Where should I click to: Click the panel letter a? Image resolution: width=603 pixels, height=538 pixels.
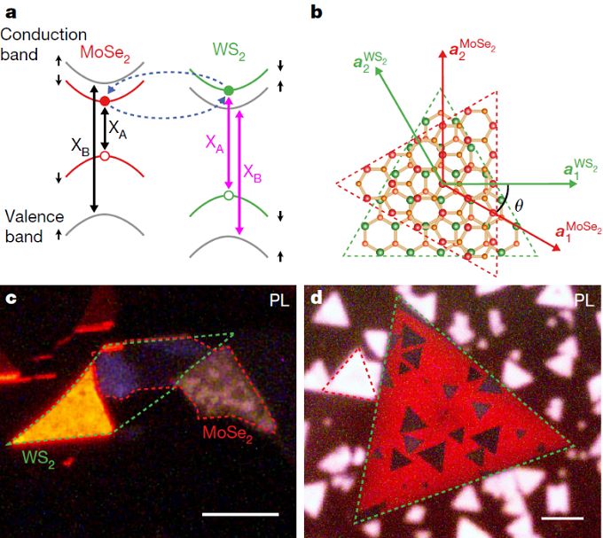[x=12, y=13]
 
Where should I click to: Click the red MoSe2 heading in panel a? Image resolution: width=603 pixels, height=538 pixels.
[x=105, y=53]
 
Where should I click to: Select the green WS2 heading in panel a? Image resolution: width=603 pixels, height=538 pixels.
[x=229, y=51]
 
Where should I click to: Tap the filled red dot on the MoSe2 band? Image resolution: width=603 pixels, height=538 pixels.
[x=105, y=101]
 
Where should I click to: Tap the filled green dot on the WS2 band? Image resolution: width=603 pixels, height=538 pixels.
[x=229, y=90]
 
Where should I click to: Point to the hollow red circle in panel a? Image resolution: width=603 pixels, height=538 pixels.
[x=105, y=156]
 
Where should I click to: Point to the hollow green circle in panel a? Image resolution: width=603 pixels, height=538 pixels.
[x=229, y=195]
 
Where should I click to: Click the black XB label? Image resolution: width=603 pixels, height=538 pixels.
[x=81, y=147]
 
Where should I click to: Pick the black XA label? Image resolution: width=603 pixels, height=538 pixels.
[x=117, y=129]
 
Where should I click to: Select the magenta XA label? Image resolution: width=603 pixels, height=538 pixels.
[x=215, y=144]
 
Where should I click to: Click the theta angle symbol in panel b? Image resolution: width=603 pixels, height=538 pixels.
[x=519, y=206]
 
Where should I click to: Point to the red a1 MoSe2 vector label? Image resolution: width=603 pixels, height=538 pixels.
[x=578, y=231]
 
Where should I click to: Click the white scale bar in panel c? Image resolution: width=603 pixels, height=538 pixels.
[x=240, y=514]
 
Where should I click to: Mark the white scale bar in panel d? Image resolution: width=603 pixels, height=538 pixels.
[x=562, y=519]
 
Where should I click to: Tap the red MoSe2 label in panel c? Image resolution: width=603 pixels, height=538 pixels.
[x=228, y=434]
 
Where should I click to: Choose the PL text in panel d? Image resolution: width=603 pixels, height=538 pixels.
[x=583, y=300]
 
